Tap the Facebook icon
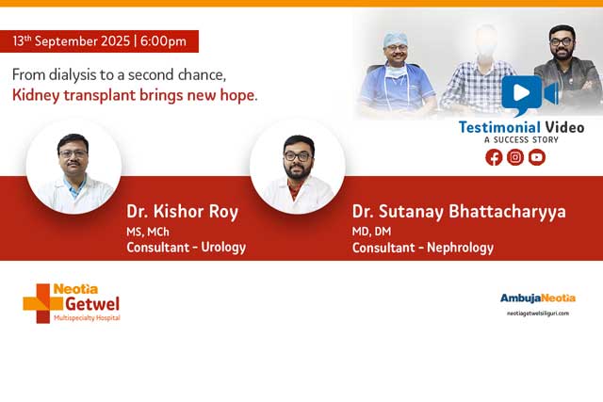(494, 157)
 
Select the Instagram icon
(515, 157)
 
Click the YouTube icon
(537, 157)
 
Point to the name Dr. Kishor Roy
(182, 212)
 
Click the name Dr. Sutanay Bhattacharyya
(459, 212)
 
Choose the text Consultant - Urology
(186, 248)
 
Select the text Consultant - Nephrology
(422, 249)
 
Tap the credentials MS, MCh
(148, 231)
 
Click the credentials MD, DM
(373, 231)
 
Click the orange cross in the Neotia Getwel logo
(37, 302)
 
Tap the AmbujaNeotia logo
(537, 298)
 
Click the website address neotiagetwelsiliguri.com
(537, 313)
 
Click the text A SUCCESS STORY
(521, 140)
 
